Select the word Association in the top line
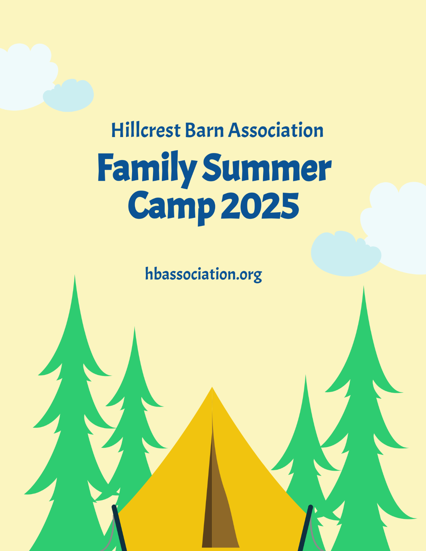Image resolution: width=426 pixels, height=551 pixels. pos(276,130)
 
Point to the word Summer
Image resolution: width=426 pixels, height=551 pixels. pos(267,168)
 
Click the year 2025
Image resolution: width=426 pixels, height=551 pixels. pos(260,206)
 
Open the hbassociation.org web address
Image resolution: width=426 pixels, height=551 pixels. pos(203,274)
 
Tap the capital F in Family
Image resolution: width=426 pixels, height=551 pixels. pos(106,167)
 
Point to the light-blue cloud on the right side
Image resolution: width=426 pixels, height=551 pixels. pos(344,254)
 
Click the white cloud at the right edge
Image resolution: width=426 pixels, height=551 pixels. pos(398,224)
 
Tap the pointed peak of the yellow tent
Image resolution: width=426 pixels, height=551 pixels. pos(212,389)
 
